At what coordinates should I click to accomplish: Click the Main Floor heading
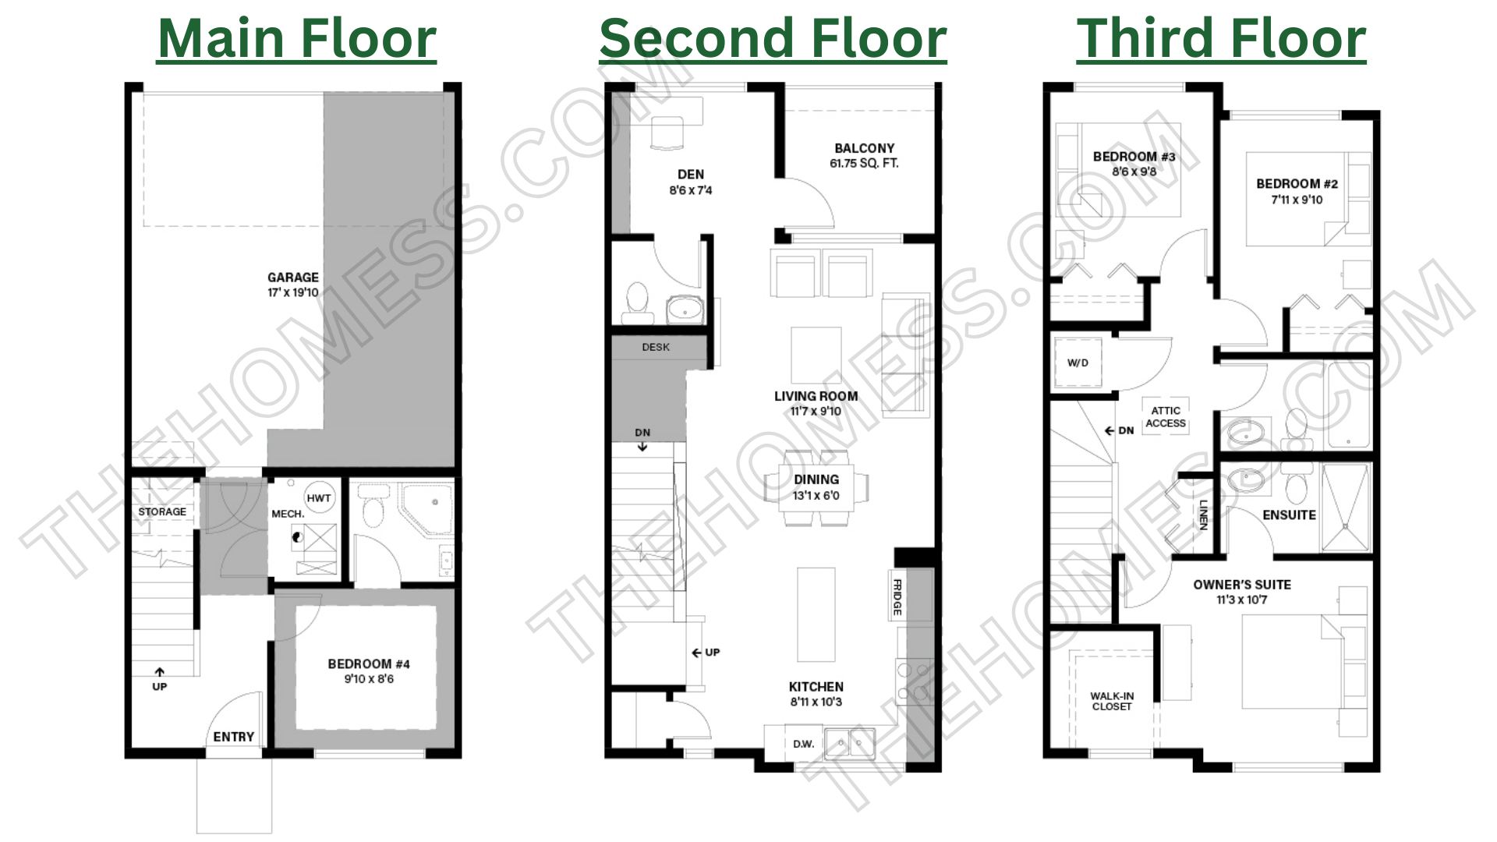click(x=297, y=38)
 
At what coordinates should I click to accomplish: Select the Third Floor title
click(x=1221, y=38)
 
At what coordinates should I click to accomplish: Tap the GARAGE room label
click(x=293, y=278)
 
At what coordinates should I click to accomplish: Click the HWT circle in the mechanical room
click(x=319, y=498)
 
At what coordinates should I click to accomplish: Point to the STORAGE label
click(x=162, y=512)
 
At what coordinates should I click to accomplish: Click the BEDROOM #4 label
click(x=369, y=664)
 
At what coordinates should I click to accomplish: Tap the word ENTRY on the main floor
click(x=234, y=737)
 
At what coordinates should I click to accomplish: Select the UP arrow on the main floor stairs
click(x=159, y=672)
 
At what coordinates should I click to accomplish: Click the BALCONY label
click(x=865, y=148)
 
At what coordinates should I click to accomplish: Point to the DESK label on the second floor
click(x=656, y=347)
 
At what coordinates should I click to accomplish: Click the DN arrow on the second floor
click(x=642, y=447)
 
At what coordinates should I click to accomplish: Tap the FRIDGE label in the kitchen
click(x=897, y=597)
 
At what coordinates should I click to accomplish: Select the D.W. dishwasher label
click(x=804, y=744)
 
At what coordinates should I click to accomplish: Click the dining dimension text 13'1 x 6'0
click(x=816, y=496)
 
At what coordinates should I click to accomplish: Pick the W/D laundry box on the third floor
click(x=1078, y=363)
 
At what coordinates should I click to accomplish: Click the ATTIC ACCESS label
click(x=1166, y=417)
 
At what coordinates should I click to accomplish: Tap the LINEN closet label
click(x=1204, y=515)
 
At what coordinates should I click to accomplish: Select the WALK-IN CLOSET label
click(x=1113, y=702)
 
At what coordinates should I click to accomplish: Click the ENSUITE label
click(x=1290, y=515)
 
